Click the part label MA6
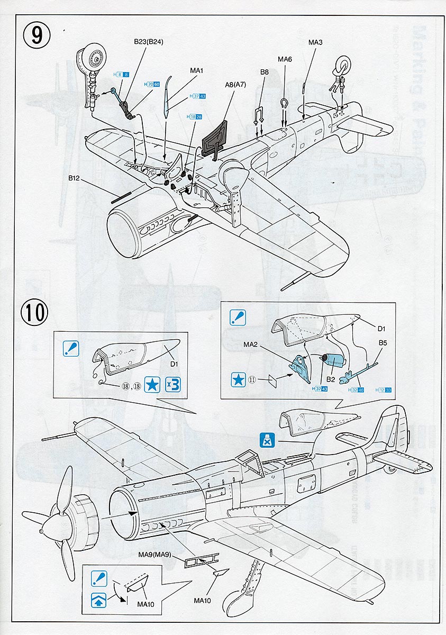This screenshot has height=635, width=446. [x=285, y=59]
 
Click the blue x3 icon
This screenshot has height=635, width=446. [x=172, y=385]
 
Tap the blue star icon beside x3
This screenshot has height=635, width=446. [x=152, y=385]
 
